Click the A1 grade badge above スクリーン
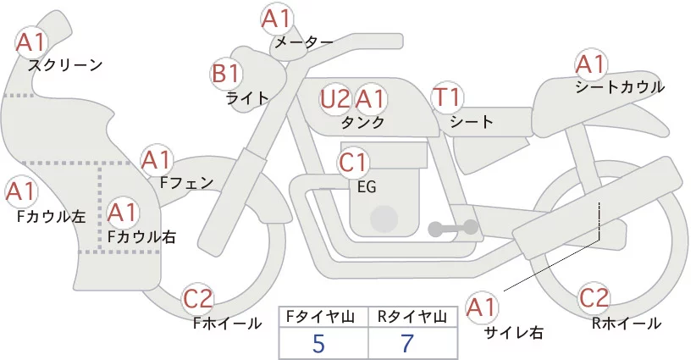(x=33, y=42)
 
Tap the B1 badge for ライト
(x=226, y=74)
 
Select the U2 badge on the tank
(x=335, y=100)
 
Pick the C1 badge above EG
(x=353, y=161)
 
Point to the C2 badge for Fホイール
(x=199, y=299)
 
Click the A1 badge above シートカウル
(x=590, y=64)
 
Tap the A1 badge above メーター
(x=277, y=18)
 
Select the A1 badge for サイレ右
(x=484, y=307)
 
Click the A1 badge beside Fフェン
(x=157, y=159)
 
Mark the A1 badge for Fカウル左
(x=21, y=192)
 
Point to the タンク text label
(x=362, y=123)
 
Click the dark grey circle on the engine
(x=385, y=218)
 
